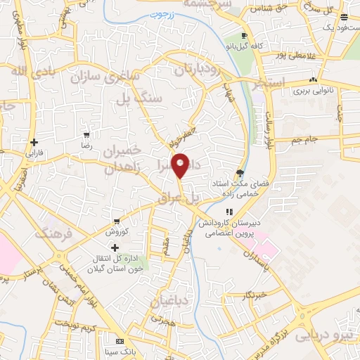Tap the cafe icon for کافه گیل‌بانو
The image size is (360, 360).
point(243,37)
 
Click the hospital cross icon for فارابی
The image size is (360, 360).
point(34,143)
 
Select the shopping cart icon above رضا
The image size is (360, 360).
point(86,134)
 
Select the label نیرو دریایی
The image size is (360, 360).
point(327,334)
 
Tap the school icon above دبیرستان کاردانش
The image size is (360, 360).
point(229,212)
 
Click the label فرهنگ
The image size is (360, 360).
point(51,233)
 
